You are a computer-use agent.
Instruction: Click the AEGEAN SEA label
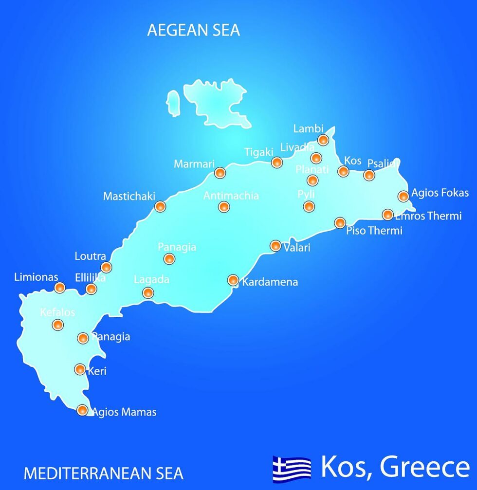[x=193, y=30]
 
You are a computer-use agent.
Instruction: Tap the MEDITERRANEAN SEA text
[x=104, y=473]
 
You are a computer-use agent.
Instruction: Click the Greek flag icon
[x=292, y=468]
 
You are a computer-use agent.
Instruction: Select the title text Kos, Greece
[x=395, y=467]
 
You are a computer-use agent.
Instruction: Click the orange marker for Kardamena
[x=233, y=280]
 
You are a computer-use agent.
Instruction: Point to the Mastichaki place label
[x=129, y=196]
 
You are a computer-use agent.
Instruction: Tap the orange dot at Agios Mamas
[x=83, y=410]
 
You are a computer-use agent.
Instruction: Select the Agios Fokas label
[x=440, y=193]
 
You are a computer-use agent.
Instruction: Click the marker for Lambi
[x=323, y=140]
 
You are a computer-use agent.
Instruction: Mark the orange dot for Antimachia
[x=223, y=207]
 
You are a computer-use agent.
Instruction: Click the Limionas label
[x=36, y=277]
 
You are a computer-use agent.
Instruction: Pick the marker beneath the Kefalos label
[x=57, y=325]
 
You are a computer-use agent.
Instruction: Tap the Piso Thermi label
[x=374, y=231]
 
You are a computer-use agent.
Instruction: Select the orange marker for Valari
[x=275, y=246]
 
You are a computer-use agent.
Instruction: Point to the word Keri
[x=96, y=371]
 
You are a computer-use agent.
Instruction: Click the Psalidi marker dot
[x=369, y=175]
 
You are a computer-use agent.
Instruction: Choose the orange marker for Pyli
[x=309, y=206]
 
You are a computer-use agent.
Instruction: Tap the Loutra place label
[x=90, y=256]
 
